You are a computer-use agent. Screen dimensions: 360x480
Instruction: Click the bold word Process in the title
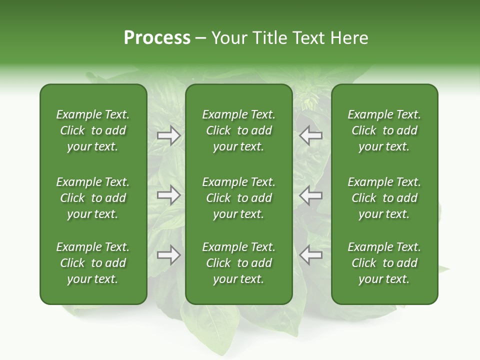click(x=157, y=38)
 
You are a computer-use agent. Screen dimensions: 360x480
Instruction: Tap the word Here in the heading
click(x=348, y=38)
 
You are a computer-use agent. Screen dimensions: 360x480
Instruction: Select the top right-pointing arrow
click(x=168, y=135)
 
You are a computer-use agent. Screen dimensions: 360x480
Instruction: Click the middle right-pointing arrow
click(x=168, y=195)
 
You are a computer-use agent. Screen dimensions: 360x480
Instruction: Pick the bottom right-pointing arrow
click(x=168, y=255)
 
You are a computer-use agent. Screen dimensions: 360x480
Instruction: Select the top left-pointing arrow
click(x=310, y=135)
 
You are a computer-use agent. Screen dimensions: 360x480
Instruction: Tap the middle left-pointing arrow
click(x=310, y=195)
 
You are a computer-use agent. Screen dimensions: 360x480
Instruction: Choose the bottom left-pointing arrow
click(x=310, y=255)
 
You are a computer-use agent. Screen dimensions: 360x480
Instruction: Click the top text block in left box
click(x=93, y=130)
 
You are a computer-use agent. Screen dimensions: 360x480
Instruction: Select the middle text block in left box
click(x=93, y=198)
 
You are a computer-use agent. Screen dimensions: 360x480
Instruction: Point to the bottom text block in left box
click(x=93, y=263)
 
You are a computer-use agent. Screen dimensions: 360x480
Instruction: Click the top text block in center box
click(x=238, y=130)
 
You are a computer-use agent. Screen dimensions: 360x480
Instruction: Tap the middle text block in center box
click(x=238, y=198)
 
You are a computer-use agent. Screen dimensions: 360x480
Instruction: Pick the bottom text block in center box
click(x=238, y=263)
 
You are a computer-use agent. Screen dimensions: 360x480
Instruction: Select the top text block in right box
click(x=384, y=130)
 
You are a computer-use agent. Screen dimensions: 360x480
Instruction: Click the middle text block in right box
click(x=384, y=198)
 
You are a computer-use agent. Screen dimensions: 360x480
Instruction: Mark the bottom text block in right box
click(x=384, y=263)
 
